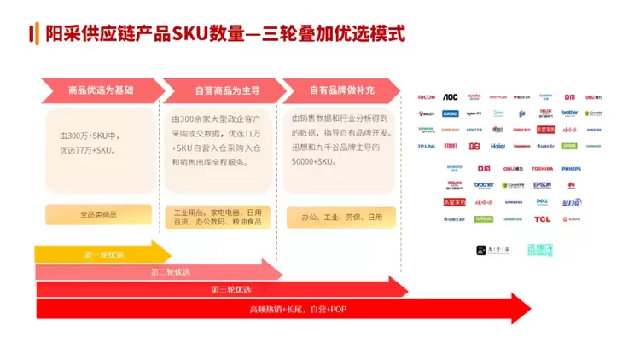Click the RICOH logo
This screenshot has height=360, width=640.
[427, 97]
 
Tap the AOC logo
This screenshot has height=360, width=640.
[450, 97]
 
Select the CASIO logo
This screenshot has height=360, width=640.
[450, 113]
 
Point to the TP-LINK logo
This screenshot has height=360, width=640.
[427, 146]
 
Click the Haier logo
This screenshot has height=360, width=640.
[497, 146]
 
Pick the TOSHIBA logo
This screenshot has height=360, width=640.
[543, 168]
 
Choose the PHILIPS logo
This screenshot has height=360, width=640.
[571, 168]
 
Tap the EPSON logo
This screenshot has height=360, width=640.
[543, 184]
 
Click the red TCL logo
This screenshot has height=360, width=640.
[543, 218]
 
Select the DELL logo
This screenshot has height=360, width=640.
[543, 201]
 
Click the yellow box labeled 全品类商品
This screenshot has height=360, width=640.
[98, 214]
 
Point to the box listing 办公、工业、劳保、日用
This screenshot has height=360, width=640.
[341, 218]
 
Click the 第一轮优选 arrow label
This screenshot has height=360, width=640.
[103, 255]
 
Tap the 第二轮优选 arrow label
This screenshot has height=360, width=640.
[171, 272]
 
